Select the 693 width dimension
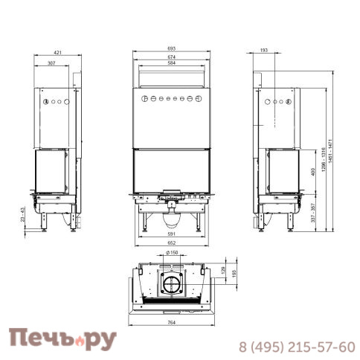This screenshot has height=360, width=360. (171, 49)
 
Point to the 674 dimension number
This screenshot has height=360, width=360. (171, 57)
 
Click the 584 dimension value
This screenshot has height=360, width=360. (171, 63)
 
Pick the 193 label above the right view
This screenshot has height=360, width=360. (263, 51)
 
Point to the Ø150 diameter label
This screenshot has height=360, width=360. (172, 254)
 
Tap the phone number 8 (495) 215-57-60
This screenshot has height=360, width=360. (296, 346)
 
